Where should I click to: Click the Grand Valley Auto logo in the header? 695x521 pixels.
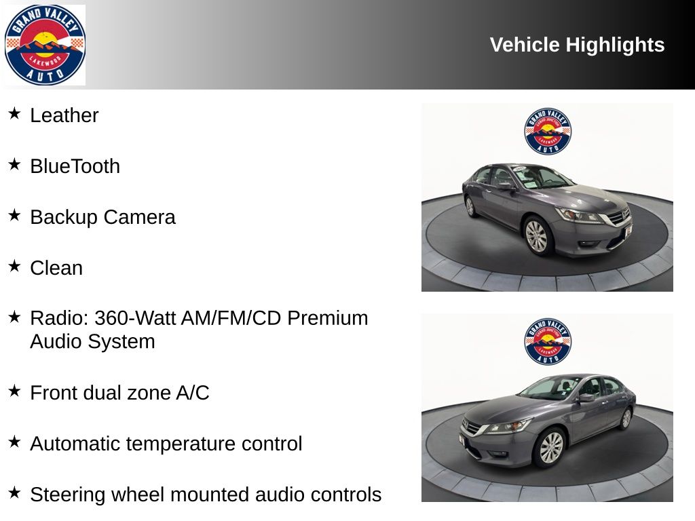(x=45, y=45)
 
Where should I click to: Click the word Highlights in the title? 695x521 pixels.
(x=615, y=45)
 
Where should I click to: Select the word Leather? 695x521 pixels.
(x=64, y=115)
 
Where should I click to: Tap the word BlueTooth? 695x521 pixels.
(x=75, y=166)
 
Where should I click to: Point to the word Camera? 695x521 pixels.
(x=140, y=217)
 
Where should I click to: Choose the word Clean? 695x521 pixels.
(x=56, y=268)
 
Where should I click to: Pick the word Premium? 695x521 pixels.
(x=328, y=318)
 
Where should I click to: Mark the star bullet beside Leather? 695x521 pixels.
(x=14, y=113)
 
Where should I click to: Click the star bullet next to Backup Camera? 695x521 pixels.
(x=14, y=215)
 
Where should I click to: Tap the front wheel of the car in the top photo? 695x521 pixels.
(x=536, y=235)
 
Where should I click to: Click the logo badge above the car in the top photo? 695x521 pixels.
(x=548, y=131)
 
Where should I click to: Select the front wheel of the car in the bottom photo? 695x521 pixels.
(x=550, y=448)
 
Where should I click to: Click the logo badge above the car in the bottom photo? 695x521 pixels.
(x=548, y=342)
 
